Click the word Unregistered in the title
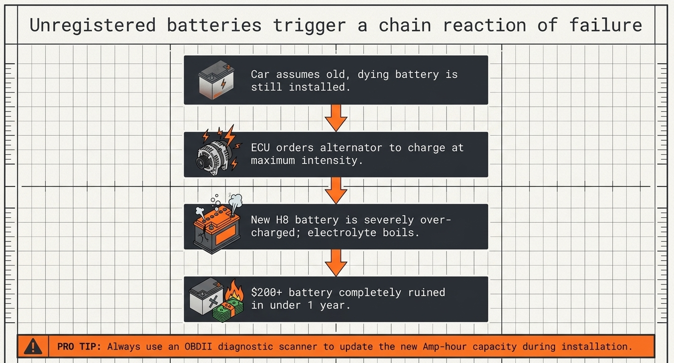[x=93, y=25]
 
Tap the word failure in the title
[x=606, y=25]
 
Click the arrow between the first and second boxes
[x=336, y=118]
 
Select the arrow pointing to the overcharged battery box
[x=336, y=190]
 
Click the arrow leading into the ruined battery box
[x=336, y=263]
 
